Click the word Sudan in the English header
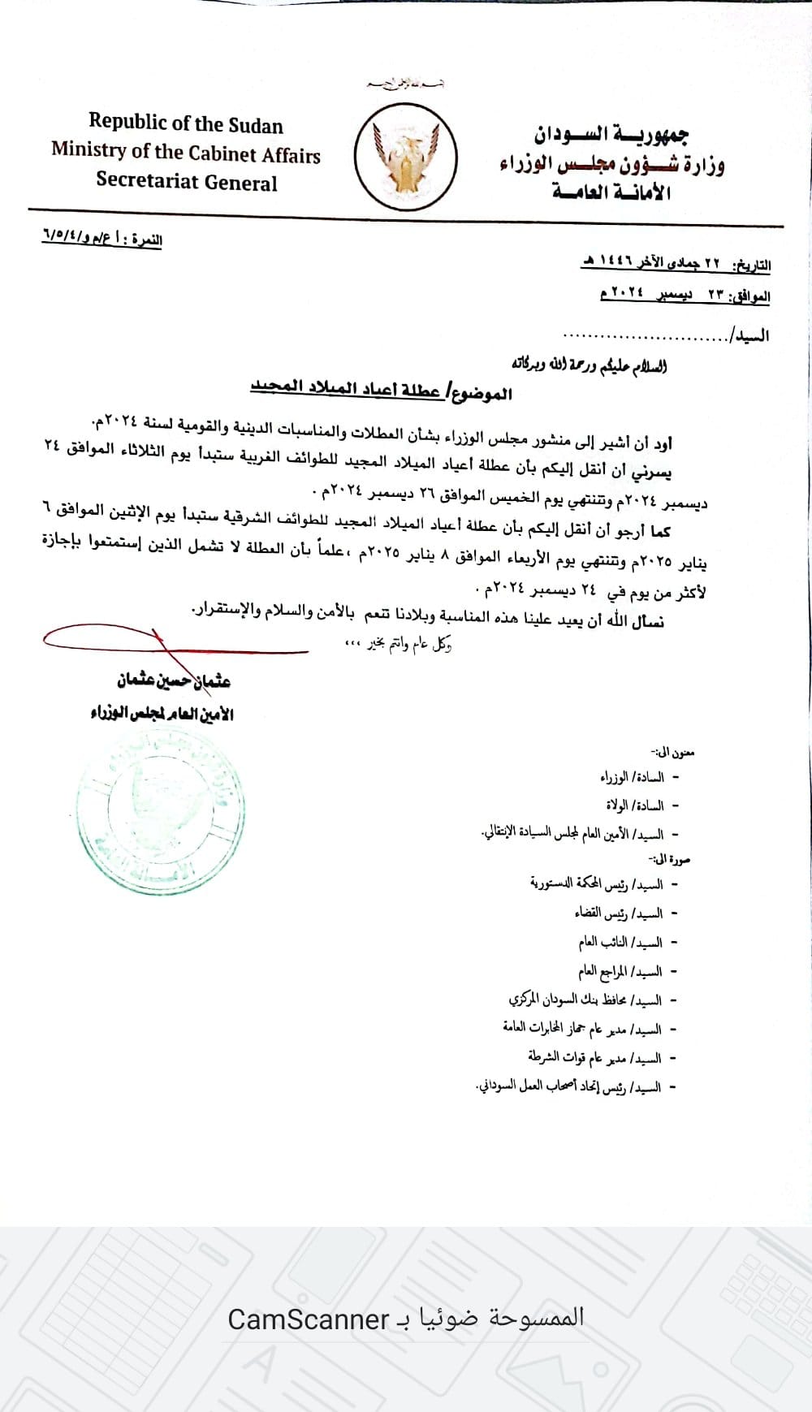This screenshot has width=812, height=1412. (x=255, y=126)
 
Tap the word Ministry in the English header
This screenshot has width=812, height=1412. (x=89, y=151)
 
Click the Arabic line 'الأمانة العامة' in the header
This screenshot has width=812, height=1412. (x=611, y=192)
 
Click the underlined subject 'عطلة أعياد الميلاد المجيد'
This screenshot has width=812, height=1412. (x=345, y=389)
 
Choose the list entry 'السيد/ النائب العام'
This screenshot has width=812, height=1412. (x=620, y=942)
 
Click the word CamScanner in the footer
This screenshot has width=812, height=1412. (x=308, y=1319)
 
